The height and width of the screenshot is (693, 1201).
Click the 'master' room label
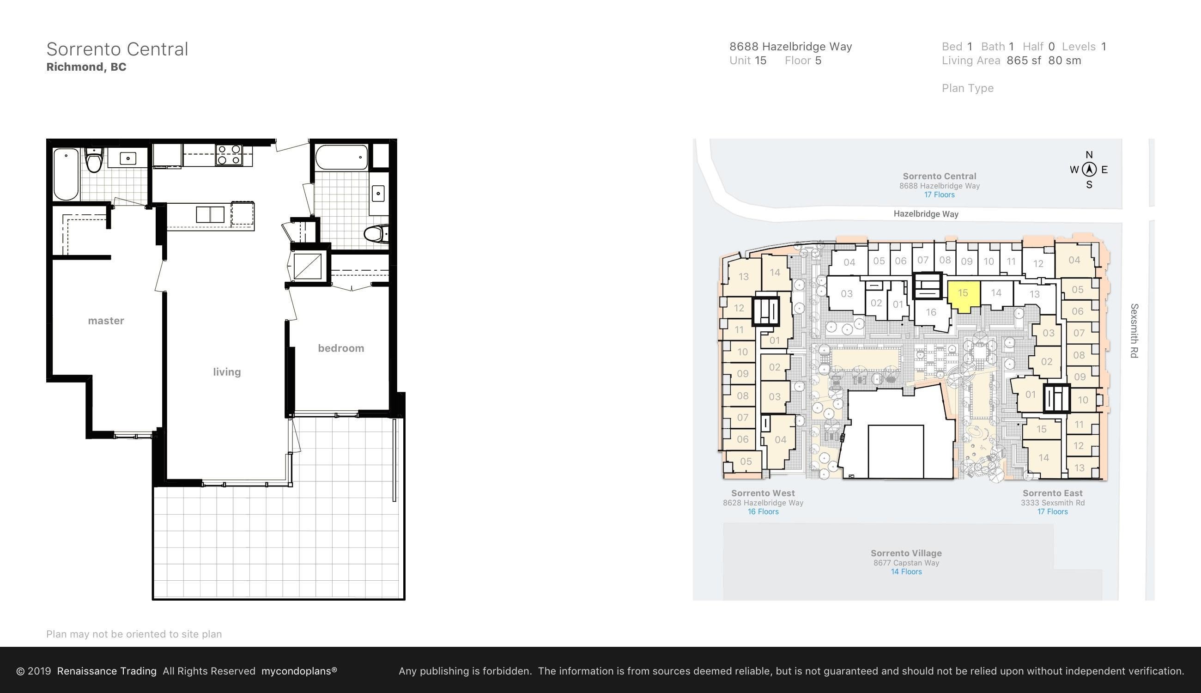106,321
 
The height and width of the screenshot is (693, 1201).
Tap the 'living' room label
227,372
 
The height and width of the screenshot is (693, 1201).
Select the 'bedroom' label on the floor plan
341,348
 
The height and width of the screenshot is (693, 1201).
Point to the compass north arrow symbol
1089,170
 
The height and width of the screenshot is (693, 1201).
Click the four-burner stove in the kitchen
229,155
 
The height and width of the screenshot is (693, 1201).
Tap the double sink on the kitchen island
210,215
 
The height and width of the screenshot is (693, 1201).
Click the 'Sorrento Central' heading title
117,49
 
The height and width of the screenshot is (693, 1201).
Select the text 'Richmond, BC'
86,67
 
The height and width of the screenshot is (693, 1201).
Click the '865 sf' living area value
1024,61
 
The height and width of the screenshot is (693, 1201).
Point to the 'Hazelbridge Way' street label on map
926,214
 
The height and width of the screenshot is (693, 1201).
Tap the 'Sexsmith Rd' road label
1134,331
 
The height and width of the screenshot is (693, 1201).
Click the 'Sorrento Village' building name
906,553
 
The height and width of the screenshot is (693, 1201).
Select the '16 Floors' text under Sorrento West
763,511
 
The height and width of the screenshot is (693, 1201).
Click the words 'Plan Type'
968,89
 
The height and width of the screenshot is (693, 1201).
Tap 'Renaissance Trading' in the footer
107,671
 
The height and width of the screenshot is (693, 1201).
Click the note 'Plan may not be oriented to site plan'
134,634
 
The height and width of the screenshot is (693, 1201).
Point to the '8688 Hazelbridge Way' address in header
791,47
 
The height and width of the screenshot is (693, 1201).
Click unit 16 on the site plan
931,312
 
